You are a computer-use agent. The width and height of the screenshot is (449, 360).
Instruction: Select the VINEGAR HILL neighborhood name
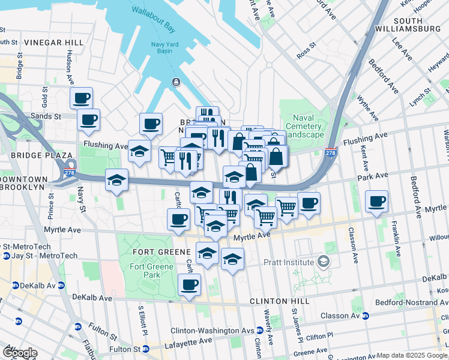(54, 42)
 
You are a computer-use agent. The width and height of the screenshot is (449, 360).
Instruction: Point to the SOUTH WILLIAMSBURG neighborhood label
(408, 23)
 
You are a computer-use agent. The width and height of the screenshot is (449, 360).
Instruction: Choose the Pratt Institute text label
(289, 262)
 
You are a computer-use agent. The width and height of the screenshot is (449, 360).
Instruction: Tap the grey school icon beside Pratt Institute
(324, 262)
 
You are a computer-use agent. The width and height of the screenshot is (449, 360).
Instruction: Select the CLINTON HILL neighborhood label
(279, 301)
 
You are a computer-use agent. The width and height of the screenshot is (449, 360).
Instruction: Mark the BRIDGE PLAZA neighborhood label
(25, 155)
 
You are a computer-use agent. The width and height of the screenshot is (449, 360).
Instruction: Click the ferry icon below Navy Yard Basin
(175, 82)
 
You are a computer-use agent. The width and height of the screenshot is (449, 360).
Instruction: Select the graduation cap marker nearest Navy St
(116, 179)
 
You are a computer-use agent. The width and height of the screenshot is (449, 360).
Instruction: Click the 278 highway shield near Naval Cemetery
(330, 154)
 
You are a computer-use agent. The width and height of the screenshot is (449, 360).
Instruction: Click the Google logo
(20, 353)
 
